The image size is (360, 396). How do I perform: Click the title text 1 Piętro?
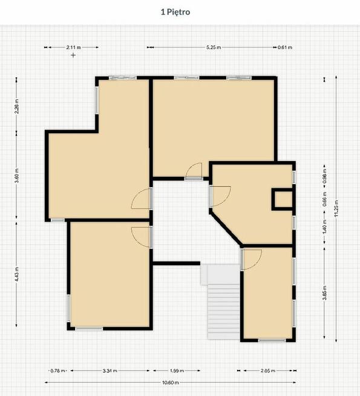point(175,12)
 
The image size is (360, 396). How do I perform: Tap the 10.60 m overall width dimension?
point(170,382)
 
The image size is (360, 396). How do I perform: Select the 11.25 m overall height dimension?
point(336,208)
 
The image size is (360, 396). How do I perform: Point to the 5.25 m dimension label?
point(214,47)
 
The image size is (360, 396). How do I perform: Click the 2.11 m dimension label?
point(74,47)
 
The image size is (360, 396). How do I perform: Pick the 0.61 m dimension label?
point(285,47)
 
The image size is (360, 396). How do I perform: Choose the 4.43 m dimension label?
point(17,274)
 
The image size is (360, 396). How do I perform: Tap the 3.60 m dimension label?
point(17,176)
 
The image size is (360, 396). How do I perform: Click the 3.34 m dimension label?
point(110,371)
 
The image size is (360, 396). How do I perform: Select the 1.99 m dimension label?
point(177,371)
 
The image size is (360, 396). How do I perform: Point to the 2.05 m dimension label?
point(268,371)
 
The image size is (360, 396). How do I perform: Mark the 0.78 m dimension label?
point(57,371)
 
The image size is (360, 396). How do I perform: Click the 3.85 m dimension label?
point(324,292)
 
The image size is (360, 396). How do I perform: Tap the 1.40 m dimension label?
point(324,226)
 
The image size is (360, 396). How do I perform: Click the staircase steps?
point(223,312)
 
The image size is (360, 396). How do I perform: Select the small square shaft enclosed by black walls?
point(283,199)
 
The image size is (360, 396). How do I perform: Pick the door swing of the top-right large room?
point(194,171)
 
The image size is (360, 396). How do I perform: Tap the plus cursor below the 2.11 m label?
point(73,55)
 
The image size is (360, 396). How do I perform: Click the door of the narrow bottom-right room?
point(252,260)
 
